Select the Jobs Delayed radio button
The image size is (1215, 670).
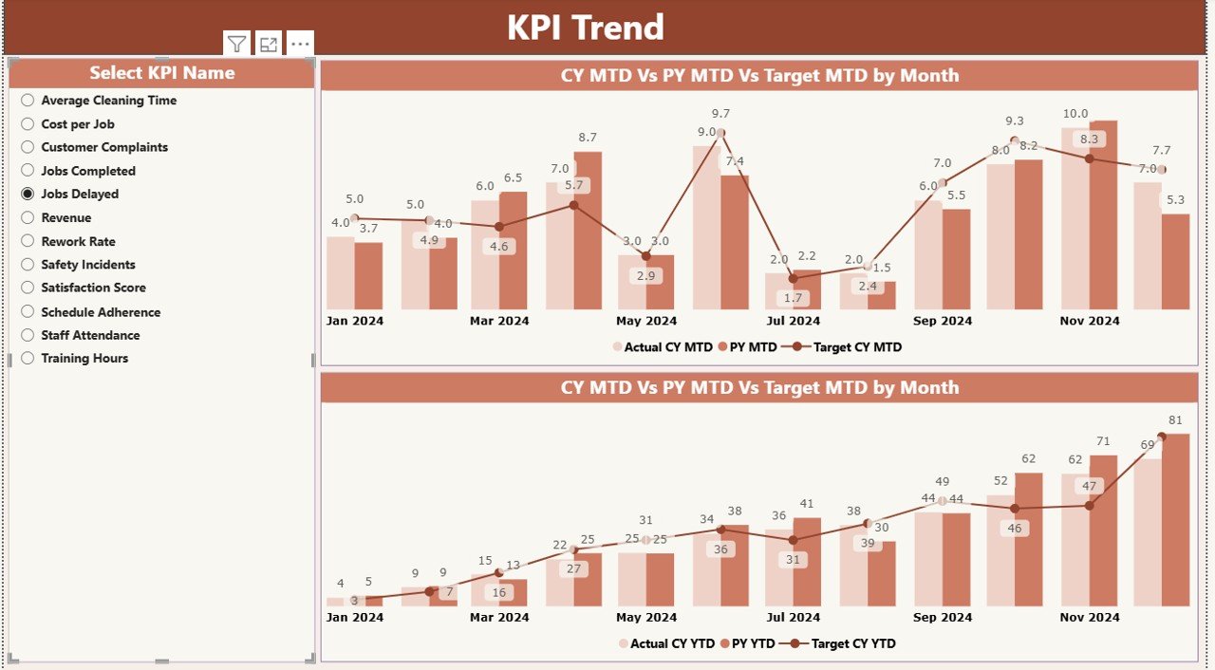[x=28, y=194]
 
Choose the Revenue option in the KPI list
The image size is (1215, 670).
[x=28, y=217]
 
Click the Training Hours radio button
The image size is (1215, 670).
[x=28, y=358]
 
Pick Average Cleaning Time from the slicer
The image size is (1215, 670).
[x=28, y=100]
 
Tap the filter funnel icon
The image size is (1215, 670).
[x=237, y=44]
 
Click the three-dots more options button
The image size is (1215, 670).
[x=300, y=44]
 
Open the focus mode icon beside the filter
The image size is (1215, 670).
[x=269, y=44]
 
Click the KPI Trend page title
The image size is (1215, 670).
[x=585, y=28]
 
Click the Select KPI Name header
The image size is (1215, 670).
[x=161, y=73]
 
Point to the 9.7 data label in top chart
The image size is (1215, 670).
[x=720, y=114]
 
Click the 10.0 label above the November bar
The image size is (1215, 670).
[x=1075, y=114]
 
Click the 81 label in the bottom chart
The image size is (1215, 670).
[x=1175, y=420]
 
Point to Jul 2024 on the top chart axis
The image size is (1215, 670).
[x=794, y=321]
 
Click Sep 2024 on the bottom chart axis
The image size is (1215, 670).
[x=943, y=617]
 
